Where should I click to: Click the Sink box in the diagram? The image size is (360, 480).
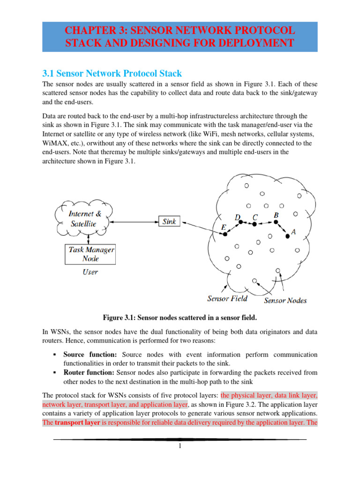169,221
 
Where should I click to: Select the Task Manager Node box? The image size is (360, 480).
90,254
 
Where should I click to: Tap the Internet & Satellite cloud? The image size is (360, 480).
83,218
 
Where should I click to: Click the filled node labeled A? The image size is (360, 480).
287,237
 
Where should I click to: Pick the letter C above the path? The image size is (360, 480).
255,217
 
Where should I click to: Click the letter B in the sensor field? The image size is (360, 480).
276,215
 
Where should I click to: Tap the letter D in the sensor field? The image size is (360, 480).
238,217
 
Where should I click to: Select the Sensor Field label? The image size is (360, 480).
228,298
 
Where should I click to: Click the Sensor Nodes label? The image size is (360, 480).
285,300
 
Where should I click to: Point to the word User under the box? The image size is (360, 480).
90,272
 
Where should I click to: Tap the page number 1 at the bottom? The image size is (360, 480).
180,446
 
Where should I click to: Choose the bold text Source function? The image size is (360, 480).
90,354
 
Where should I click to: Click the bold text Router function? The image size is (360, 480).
90,372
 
